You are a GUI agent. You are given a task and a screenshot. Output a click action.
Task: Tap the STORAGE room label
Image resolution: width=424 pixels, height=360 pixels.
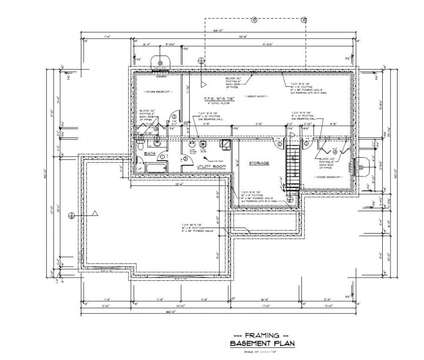click(258, 164)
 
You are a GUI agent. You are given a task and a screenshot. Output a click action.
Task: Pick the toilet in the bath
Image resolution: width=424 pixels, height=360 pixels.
click(140, 147)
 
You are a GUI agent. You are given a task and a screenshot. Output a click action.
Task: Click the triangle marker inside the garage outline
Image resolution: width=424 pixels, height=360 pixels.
click(95, 212)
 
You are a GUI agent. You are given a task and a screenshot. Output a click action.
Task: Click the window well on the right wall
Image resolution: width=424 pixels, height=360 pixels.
click(363, 163)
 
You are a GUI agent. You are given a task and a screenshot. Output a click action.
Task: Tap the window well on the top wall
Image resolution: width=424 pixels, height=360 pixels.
click(161, 62)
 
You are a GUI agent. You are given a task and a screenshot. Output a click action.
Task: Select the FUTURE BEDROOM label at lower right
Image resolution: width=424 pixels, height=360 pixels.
click(328, 178)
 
